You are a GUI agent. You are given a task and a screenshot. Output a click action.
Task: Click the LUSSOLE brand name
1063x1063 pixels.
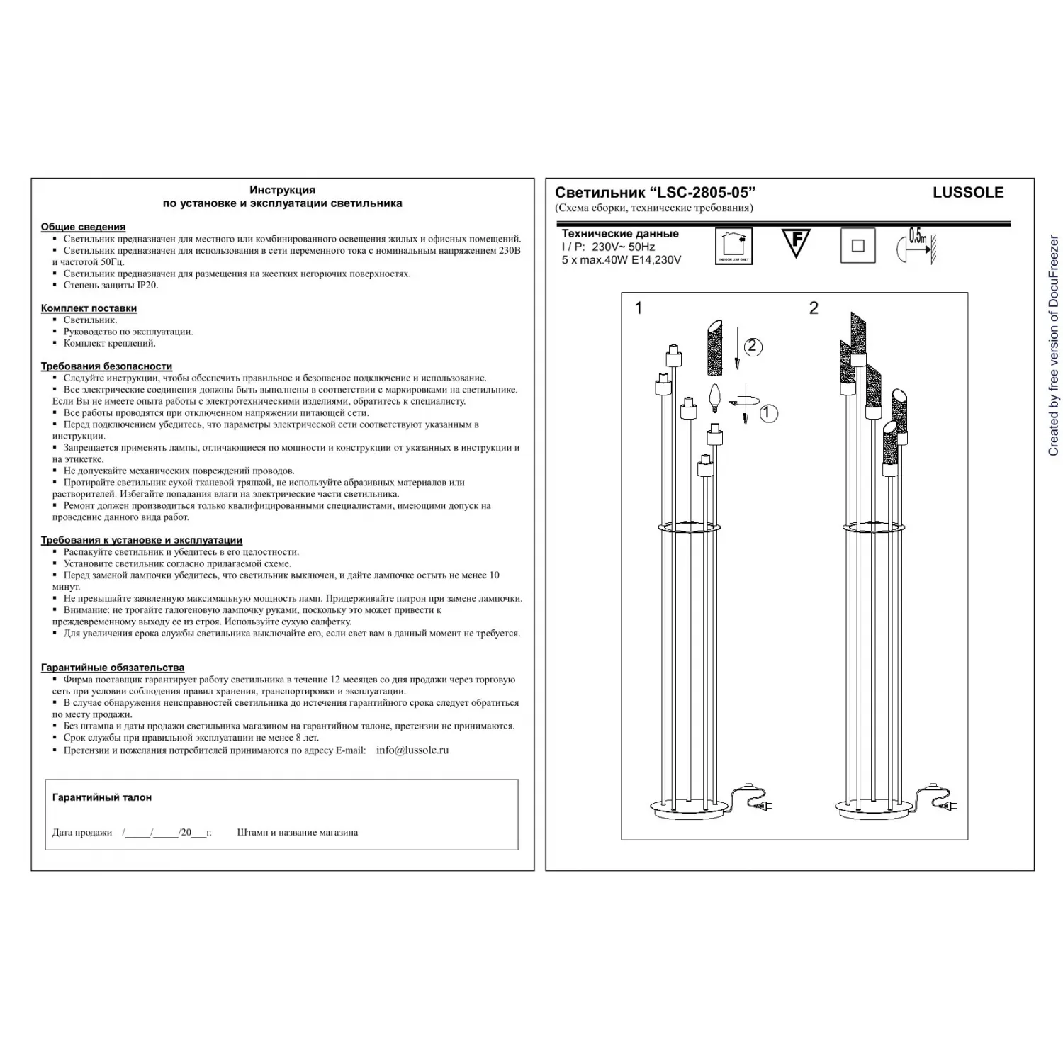coord(967,193)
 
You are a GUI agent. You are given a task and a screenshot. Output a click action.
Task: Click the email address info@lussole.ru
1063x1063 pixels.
coord(412,750)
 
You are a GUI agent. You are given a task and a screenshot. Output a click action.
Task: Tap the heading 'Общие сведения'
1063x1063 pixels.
coord(83,227)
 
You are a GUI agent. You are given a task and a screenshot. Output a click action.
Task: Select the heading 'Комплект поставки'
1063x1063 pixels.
coord(89,308)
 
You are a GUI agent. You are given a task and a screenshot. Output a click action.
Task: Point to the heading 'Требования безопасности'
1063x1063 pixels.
coord(106,366)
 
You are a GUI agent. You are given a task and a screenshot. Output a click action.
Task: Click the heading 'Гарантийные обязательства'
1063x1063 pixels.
coord(112,668)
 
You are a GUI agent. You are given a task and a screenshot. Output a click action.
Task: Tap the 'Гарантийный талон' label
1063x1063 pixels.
coord(101,797)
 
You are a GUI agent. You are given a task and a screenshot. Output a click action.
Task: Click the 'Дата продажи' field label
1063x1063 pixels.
coord(82,833)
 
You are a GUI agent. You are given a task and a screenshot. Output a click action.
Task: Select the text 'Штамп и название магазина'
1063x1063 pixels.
coord(297,833)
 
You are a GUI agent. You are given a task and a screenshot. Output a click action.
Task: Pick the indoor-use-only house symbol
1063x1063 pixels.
coord(733,246)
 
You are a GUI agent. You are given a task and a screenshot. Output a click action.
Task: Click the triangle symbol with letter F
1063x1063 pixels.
coord(796,242)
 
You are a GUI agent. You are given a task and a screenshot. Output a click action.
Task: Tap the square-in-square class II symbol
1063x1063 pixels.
coord(857,246)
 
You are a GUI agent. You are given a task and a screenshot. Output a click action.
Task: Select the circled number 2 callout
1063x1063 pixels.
coord(753,347)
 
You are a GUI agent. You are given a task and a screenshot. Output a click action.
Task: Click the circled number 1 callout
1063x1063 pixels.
coord(768,413)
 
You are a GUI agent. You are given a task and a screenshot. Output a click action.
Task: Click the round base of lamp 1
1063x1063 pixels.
coord(684,807)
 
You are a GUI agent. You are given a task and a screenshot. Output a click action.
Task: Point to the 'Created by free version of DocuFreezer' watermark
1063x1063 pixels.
coord(1053,346)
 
